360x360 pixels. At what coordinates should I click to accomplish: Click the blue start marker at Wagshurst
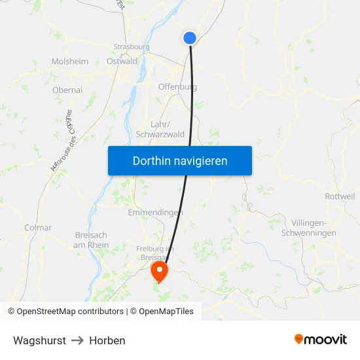pos(190,38)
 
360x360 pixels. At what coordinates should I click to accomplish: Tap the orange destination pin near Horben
pos(159,270)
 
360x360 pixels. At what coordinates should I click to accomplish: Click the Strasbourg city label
pos(132,47)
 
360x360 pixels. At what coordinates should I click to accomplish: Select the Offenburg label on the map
pos(177,86)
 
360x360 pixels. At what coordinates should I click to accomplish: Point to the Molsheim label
pos(69,62)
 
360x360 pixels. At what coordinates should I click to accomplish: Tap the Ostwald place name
pos(122,62)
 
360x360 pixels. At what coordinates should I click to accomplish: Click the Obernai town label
pos(67,90)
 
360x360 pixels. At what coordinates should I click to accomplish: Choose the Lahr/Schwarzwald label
pos(160,129)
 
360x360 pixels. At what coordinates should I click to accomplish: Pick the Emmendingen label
pos(154,213)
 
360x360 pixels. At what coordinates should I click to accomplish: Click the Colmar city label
pos(38,228)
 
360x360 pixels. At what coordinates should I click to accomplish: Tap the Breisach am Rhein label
pos(92,240)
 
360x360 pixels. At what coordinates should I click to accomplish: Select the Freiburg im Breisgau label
pos(154,253)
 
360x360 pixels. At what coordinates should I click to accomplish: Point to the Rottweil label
pos(340,196)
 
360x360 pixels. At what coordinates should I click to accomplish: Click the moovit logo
pos(320,340)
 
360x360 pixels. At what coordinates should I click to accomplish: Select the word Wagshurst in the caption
pos(39,340)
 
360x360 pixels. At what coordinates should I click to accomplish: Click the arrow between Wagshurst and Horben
pos(78,340)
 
